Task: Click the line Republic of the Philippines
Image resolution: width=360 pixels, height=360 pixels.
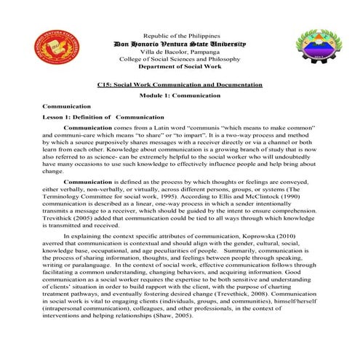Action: [x=180, y=36]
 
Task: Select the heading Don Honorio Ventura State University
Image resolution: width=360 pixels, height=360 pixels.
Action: [x=180, y=44]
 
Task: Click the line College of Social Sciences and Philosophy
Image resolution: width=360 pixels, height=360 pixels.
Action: [x=180, y=61]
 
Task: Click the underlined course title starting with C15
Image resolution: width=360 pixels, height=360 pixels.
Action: [x=180, y=85]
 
